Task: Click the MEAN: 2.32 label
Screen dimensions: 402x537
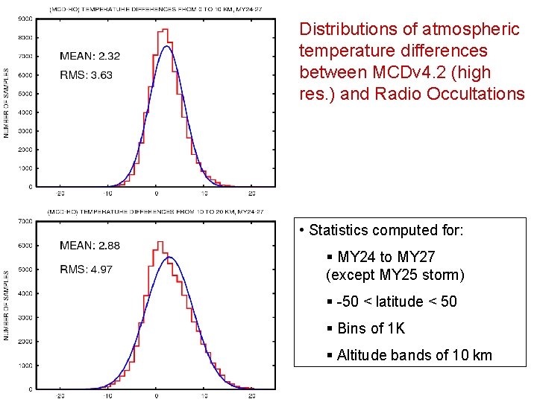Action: [89, 56]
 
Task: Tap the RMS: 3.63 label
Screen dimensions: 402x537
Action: [86, 74]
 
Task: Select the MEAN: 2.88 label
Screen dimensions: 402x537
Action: [89, 246]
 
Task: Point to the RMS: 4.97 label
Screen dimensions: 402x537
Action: [86, 269]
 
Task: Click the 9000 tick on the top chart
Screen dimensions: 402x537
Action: [25, 18]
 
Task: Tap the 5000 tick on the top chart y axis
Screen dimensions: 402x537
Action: [25, 93]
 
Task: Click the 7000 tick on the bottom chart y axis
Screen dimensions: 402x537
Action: [25, 221]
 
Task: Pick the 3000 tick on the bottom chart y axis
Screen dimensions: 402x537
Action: [25, 317]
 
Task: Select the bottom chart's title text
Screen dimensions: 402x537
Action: [155, 211]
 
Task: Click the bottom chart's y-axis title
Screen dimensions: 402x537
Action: [6, 305]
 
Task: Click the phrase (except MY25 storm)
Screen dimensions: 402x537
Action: [395, 275]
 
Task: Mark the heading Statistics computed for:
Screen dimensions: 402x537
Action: [386, 231]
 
